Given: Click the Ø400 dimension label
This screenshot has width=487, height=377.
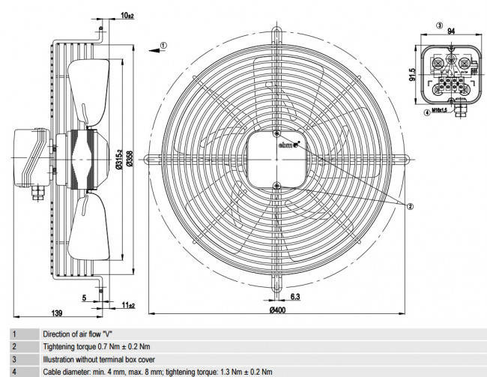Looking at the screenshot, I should (x=278, y=310).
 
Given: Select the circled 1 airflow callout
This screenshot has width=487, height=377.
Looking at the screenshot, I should (x=163, y=45).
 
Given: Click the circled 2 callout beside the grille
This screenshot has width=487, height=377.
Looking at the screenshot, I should (x=410, y=205).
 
